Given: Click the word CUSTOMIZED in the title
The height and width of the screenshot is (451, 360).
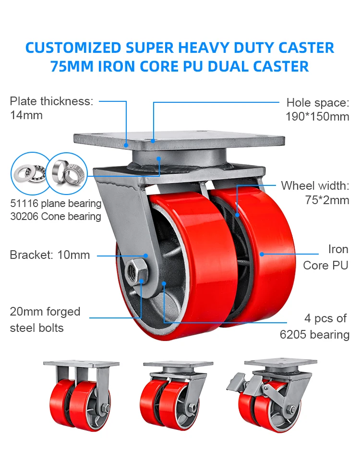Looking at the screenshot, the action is (73, 48).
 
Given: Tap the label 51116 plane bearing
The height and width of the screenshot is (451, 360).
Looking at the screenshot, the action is (56, 203).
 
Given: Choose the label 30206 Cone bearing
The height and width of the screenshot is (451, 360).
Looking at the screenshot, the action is (56, 216).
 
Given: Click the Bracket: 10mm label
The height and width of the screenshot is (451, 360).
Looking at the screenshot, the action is (49, 255).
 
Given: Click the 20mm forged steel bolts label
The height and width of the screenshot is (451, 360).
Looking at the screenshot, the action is (45, 320).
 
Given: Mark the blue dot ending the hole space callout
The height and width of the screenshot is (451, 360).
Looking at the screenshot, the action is (153, 141).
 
